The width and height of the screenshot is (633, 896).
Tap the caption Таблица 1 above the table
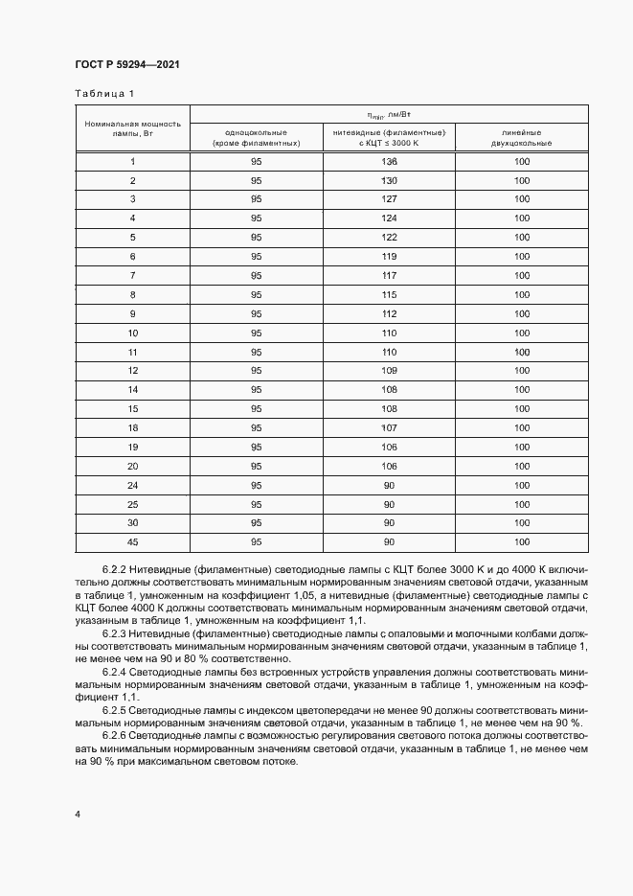tap(105, 93)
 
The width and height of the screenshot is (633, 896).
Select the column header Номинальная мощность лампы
tap(132, 128)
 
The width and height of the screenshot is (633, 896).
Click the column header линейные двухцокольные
tap(521, 137)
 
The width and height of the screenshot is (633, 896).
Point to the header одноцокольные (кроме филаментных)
tap(256, 137)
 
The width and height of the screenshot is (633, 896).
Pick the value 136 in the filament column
tap(389, 162)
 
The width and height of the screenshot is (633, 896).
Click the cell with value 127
tap(389, 199)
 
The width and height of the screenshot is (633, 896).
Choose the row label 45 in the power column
tap(132, 541)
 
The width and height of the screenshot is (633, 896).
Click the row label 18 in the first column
tap(132, 427)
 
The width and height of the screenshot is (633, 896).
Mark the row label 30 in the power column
tap(132, 522)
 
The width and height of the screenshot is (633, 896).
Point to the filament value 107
tap(389, 427)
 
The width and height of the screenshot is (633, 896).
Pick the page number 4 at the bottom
tap(78, 814)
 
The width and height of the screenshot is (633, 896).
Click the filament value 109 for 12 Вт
tap(389, 370)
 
